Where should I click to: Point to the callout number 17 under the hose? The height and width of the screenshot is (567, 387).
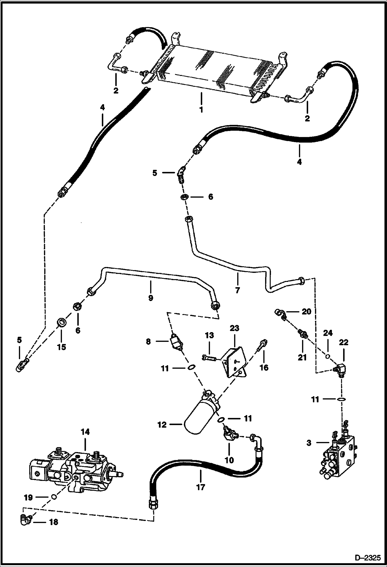(x=200, y=487)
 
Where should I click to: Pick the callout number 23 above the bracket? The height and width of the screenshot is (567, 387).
(x=234, y=328)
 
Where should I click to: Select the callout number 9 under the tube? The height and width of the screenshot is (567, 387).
(x=150, y=298)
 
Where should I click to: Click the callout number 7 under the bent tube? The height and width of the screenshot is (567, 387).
(x=237, y=290)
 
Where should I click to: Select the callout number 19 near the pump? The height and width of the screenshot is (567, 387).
(x=28, y=497)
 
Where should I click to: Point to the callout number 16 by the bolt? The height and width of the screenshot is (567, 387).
(x=264, y=367)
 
